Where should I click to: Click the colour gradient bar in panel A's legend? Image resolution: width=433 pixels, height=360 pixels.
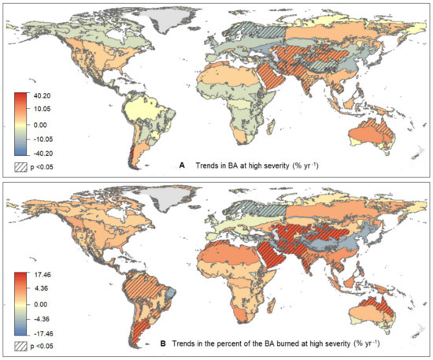[21, 124]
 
